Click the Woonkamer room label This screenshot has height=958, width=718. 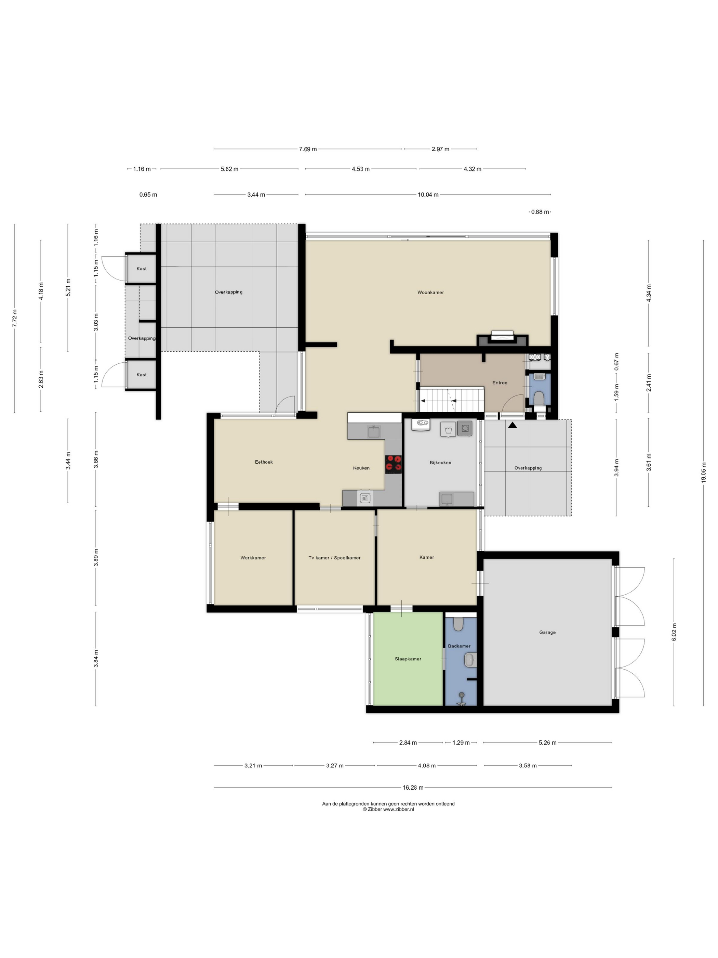[430, 292]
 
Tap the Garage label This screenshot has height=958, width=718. [547, 632]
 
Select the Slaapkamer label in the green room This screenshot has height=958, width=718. [408, 659]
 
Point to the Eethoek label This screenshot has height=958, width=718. [264, 462]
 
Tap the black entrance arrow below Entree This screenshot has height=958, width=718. [513, 425]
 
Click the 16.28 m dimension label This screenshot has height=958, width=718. [413, 787]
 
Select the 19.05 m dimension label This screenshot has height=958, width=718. [703, 472]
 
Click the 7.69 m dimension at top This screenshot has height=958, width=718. [308, 149]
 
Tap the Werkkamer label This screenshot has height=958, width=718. [253, 558]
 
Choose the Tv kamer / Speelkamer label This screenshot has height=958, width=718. [334, 558]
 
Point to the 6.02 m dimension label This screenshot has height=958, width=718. [674, 632]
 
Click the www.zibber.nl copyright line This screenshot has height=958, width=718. [388, 810]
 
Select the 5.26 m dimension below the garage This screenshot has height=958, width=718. [547, 743]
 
